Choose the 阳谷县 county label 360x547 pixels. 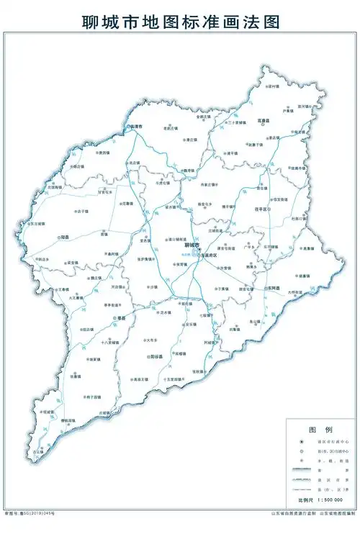click(155, 356)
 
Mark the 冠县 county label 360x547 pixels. click(64, 237)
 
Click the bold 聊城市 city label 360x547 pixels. click(192, 245)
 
